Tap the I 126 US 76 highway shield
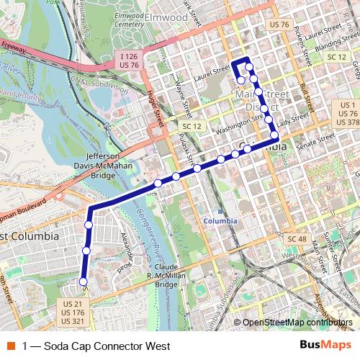[129, 60]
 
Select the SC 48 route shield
[297, 238]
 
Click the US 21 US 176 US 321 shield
[73, 312]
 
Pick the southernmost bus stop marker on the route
[83, 282]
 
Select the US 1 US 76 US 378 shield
[348, 113]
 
